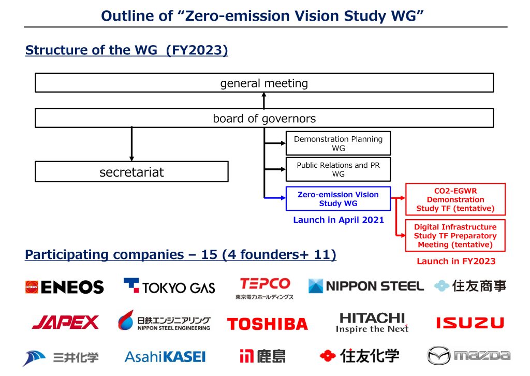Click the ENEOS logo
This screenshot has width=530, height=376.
(64, 287)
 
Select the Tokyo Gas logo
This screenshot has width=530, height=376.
(169, 286)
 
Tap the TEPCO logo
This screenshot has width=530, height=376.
(264, 288)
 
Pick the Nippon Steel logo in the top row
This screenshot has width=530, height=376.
(366, 286)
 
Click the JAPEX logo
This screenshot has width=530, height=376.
(65, 323)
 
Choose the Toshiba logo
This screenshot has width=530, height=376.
(267, 324)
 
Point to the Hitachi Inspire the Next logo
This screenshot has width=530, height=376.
(372, 323)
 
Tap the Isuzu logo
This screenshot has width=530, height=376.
(469, 323)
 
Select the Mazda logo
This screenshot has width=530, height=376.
(468, 356)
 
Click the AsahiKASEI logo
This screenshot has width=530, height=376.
(165, 356)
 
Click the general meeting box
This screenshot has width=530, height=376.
(264, 83)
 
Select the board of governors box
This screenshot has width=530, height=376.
(264, 118)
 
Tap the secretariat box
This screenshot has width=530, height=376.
(131, 172)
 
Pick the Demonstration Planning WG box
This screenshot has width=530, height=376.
(338, 143)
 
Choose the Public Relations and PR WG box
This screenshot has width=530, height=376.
(338, 169)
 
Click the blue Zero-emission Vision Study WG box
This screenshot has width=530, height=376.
(338, 199)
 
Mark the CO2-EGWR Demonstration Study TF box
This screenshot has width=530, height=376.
(455, 199)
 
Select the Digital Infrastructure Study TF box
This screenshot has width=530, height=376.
(455, 236)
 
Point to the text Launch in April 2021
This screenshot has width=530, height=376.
(338, 220)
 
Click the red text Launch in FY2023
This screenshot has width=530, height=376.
(456, 262)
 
